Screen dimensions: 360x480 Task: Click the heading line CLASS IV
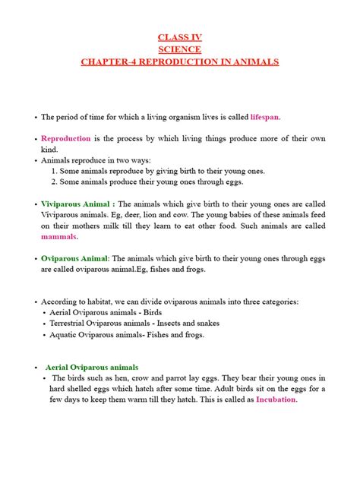coord(179,36)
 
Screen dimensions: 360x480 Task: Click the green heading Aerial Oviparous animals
coord(93,367)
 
